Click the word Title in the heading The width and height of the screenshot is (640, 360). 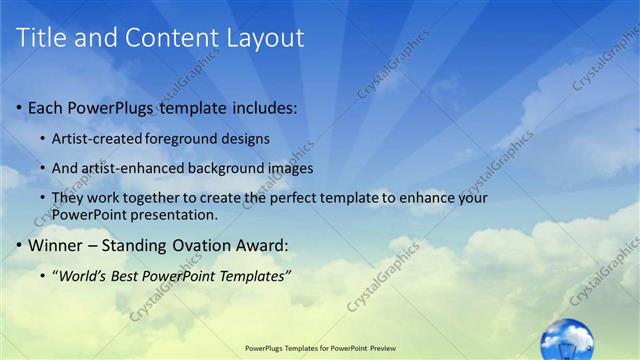(42, 39)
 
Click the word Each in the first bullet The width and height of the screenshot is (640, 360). (45, 107)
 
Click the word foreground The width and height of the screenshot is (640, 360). (187, 137)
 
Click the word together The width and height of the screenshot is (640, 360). (162, 198)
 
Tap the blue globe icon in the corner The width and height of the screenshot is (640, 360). (566, 339)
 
